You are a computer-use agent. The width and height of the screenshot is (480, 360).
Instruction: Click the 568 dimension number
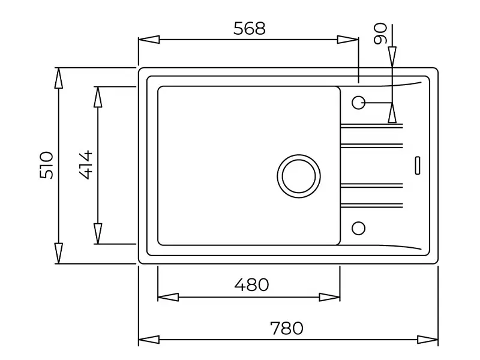click(x=249, y=28)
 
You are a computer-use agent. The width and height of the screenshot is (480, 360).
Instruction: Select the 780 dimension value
click(x=286, y=328)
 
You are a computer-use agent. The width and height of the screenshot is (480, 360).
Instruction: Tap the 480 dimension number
click(x=251, y=284)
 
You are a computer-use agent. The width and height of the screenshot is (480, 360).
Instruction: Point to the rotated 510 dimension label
click(x=47, y=165)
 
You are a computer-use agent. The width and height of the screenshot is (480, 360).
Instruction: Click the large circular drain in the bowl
click(x=298, y=175)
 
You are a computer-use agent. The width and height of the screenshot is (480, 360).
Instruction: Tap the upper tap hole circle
click(x=358, y=103)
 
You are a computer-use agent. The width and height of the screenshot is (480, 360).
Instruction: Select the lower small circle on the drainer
click(x=358, y=227)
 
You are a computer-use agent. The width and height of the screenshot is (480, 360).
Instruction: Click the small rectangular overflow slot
click(x=418, y=164)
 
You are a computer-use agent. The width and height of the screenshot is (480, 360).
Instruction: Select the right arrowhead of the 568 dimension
click(x=348, y=40)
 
